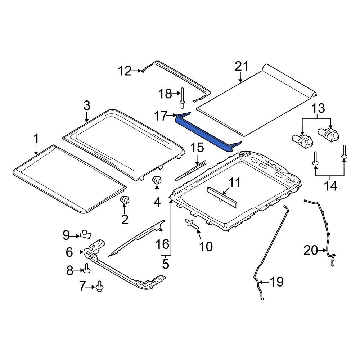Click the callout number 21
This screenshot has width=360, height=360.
[x=242, y=67]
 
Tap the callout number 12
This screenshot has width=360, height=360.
[x=125, y=71]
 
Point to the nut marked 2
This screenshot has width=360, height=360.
[x=125, y=200]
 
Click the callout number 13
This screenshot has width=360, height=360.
[x=318, y=108]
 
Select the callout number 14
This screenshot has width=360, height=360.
[x=330, y=186]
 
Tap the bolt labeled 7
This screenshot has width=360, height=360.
[x=100, y=286]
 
